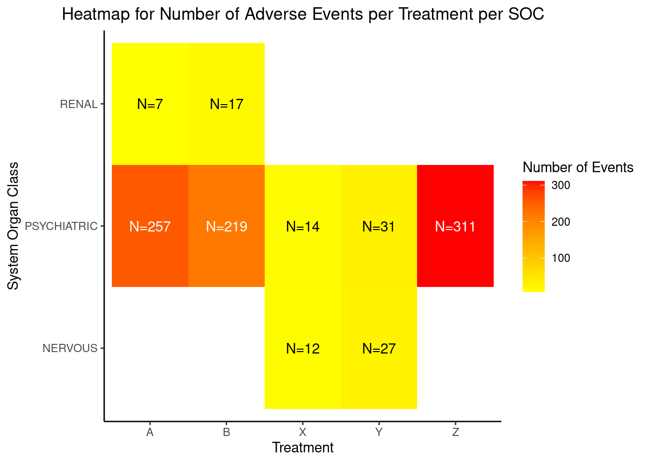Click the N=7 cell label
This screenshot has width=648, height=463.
[x=150, y=104]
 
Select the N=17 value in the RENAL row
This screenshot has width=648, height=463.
[x=227, y=104]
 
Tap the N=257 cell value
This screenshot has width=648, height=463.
[x=150, y=227]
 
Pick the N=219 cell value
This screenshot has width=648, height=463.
[x=227, y=227]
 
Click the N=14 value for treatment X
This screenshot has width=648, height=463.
[x=303, y=227]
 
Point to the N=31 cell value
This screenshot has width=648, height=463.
[x=378, y=227]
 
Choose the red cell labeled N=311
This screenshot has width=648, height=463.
[x=455, y=226]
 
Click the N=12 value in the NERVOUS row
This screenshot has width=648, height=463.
[x=303, y=349]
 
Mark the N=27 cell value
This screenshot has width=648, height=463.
[x=378, y=349]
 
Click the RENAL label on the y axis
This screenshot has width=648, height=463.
[x=79, y=104]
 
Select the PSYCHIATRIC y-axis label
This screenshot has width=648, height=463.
[x=61, y=226]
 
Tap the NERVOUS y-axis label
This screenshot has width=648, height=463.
[x=70, y=348]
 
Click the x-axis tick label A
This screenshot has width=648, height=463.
[x=150, y=432]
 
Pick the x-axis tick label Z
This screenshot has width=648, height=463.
[x=456, y=432]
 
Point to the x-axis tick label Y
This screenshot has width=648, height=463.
[x=378, y=432]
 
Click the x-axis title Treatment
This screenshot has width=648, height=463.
[x=303, y=448]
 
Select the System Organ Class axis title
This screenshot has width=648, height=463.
[x=13, y=226]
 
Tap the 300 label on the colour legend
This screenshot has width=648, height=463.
[x=561, y=185]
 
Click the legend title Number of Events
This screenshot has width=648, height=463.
[x=578, y=167]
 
